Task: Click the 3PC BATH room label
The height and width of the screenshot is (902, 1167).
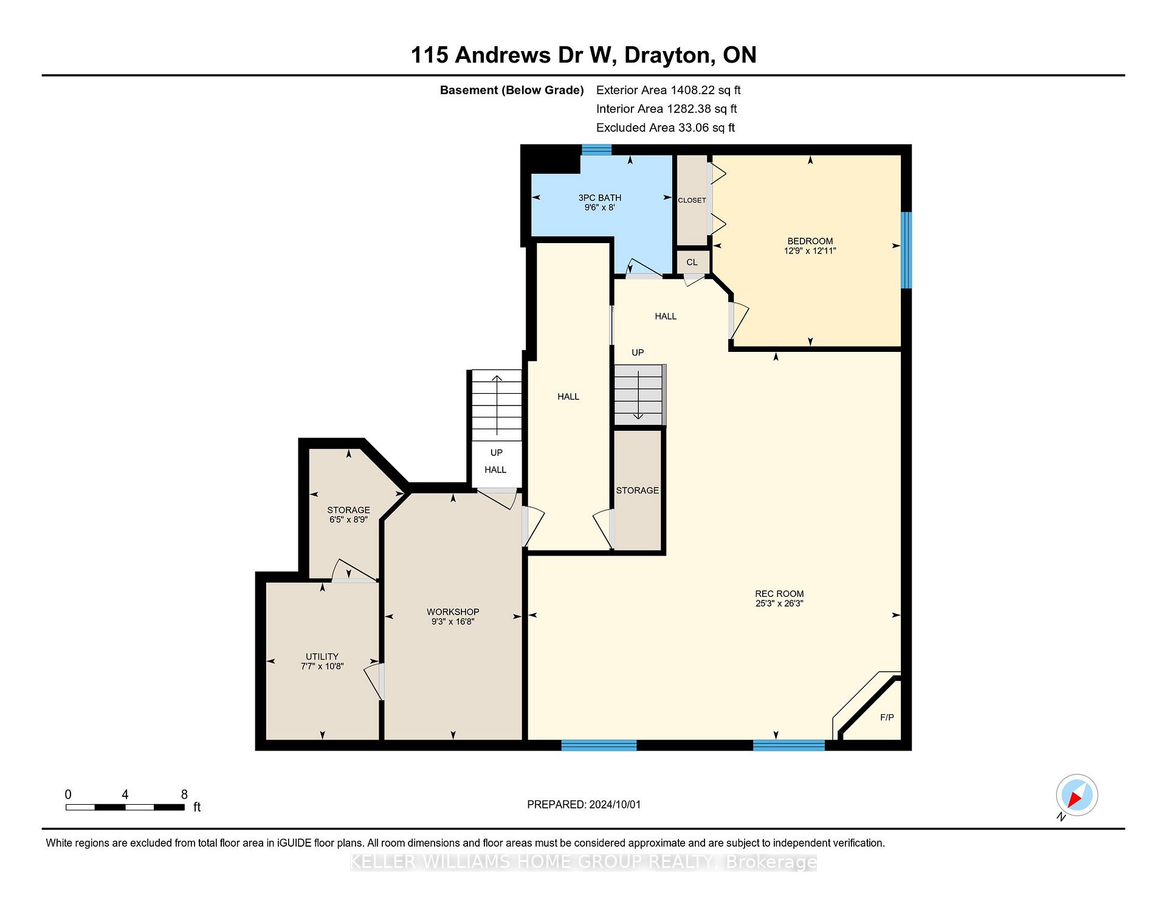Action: (599, 198)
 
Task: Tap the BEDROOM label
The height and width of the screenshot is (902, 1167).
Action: (810, 241)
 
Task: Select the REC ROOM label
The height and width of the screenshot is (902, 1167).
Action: (779, 594)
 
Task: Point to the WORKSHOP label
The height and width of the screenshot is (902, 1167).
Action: (453, 612)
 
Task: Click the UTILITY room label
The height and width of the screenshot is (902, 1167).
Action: (322, 656)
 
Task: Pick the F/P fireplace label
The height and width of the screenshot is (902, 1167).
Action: (887, 717)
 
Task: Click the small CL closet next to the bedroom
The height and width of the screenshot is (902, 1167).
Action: (692, 262)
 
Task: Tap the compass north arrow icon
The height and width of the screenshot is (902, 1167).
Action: (1076, 795)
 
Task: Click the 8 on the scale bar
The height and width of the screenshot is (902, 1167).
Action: (184, 794)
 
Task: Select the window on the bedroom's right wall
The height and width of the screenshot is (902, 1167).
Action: (906, 250)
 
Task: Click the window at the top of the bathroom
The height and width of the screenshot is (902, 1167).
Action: (596, 150)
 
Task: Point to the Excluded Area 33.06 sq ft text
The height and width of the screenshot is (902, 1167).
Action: (666, 128)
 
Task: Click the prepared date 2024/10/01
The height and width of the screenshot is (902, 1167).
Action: (614, 804)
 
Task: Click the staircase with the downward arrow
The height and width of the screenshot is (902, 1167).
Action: (639, 395)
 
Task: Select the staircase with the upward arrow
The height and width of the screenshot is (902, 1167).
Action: (497, 405)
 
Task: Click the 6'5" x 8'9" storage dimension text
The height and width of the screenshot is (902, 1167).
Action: (348, 520)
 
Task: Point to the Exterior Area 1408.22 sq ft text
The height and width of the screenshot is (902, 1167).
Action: (669, 90)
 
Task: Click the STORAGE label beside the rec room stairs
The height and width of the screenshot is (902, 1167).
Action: (637, 491)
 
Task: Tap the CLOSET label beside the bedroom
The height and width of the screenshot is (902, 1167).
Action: (692, 200)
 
